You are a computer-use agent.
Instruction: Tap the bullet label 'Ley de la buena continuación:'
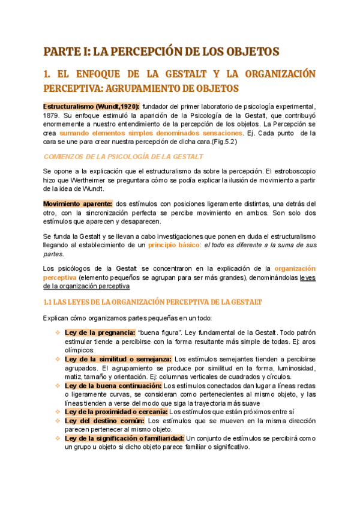pos(113,385)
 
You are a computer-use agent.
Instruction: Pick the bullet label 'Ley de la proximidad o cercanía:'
pos(116,412)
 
